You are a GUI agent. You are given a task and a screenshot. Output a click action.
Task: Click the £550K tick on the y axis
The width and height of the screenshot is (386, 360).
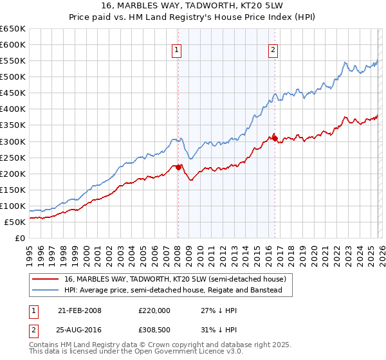pyautogui.click(x=13, y=61)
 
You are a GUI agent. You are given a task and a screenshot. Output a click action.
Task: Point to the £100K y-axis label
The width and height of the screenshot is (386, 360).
pyautogui.click(x=13, y=206)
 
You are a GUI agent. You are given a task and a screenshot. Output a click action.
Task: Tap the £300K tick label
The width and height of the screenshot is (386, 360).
pyautogui.click(x=13, y=141)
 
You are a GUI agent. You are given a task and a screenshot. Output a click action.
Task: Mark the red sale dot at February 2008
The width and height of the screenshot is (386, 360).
pyautogui.click(x=178, y=167)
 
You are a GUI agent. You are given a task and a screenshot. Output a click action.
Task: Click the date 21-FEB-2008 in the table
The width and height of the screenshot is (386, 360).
pyautogui.click(x=80, y=310)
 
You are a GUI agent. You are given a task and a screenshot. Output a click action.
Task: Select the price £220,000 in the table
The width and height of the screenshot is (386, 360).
pyautogui.click(x=154, y=310)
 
